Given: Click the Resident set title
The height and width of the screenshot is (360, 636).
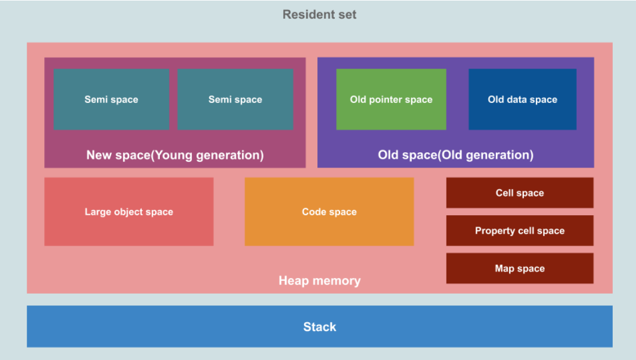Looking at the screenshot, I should (x=319, y=15).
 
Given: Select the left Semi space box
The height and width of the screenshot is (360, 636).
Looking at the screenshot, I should (x=111, y=99).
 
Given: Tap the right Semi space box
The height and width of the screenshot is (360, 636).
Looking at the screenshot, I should (x=235, y=99).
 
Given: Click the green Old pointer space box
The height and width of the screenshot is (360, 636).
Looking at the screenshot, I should (x=391, y=99).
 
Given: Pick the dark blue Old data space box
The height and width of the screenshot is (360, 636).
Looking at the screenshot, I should (x=522, y=99).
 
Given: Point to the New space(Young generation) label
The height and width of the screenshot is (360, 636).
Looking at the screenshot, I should (x=175, y=155).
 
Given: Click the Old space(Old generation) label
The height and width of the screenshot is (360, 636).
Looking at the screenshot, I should (x=455, y=155).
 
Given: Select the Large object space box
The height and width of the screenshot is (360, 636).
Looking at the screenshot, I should (x=128, y=212).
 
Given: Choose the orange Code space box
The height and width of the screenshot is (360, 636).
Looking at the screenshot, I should (x=329, y=212).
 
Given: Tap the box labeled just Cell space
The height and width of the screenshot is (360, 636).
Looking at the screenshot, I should (x=520, y=193).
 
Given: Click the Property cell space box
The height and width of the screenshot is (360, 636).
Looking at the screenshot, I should (x=520, y=231).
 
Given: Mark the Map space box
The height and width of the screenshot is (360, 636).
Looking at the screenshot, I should (x=520, y=269).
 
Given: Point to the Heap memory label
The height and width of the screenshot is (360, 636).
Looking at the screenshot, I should (x=319, y=281).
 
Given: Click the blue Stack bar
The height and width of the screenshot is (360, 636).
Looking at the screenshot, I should (x=319, y=327).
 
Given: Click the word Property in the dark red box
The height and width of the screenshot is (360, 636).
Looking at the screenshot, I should (x=494, y=231).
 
